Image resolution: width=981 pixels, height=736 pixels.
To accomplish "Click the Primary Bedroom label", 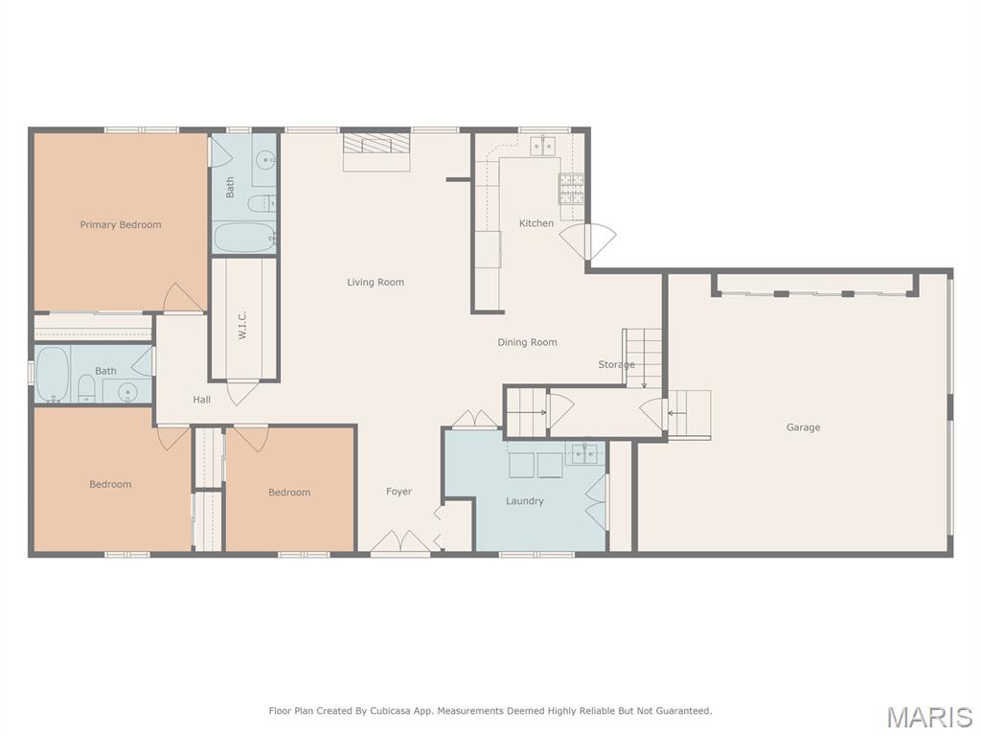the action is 121,224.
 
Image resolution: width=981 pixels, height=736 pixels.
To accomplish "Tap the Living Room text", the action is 376,283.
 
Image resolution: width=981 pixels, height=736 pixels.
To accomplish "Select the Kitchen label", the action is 536,222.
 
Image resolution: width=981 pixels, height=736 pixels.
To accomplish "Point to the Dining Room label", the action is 527,342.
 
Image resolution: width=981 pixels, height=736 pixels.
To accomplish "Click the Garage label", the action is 804,427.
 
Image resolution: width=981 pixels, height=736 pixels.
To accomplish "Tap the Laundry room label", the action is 524,500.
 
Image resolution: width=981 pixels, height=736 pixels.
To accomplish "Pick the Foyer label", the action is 399,492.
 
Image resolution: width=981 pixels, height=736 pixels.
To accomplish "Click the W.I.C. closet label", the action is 242,324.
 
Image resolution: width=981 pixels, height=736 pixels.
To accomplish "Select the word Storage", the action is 616,364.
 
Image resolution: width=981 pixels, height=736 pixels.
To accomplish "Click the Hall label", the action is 201,400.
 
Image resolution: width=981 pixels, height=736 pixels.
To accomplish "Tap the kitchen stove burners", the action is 571,189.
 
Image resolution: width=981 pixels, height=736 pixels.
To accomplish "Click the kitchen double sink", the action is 542,146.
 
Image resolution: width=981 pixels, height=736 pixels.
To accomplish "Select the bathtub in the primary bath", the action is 244,238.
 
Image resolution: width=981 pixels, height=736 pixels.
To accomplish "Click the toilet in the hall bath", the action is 85,388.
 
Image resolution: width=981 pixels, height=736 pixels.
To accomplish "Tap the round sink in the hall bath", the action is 127,392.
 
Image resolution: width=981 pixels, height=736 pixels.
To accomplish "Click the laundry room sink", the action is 586,453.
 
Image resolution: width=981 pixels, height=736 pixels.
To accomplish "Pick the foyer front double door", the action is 400,541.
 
